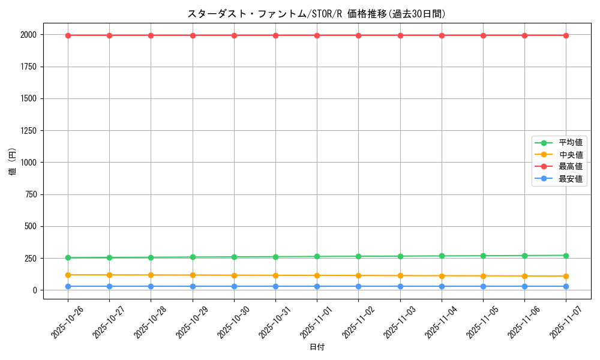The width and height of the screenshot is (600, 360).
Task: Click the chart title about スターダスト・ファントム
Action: click(x=317, y=14)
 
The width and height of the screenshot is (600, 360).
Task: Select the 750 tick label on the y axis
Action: click(x=30, y=194)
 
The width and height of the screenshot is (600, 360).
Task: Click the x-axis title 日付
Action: click(x=317, y=347)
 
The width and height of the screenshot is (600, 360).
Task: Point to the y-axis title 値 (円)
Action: click(x=13, y=163)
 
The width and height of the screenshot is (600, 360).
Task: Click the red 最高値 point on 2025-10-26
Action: click(x=68, y=35)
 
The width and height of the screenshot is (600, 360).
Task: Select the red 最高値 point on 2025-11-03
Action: click(x=400, y=35)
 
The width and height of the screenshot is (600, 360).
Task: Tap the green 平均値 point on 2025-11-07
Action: click(x=566, y=256)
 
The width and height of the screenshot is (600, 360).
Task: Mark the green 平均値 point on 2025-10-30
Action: click(x=234, y=257)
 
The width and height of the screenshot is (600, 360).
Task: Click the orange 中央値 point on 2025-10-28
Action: click(x=151, y=275)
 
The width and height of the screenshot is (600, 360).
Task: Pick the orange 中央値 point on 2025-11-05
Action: click(x=483, y=276)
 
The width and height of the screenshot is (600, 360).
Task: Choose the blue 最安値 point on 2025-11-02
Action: click(x=358, y=286)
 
